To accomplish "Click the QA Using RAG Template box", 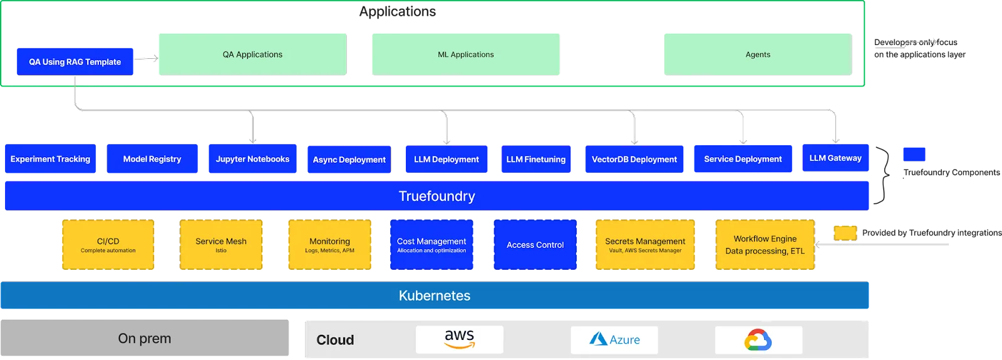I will [x=75, y=61].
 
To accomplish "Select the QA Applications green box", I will [x=252, y=54].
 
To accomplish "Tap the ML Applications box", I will [x=465, y=54].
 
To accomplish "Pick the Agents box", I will [x=758, y=54].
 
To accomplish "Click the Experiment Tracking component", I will [x=50, y=159].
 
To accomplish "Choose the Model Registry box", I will [x=152, y=159].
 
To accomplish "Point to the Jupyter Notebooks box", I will [x=252, y=159].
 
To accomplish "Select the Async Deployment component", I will [x=349, y=160].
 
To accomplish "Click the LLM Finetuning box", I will [x=535, y=160].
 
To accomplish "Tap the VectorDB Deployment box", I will [x=634, y=160].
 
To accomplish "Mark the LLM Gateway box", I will [x=835, y=158].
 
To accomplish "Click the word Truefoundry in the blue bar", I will [x=436, y=196].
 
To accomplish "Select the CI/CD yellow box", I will [x=108, y=244].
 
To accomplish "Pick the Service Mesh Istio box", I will [x=221, y=244].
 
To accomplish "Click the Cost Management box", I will [x=431, y=244].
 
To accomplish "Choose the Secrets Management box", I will [x=645, y=244].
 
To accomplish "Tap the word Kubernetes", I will [x=435, y=296].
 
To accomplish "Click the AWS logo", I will [x=460, y=339].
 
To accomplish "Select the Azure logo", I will [x=614, y=339].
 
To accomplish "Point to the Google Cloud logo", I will [x=758, y=340].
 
